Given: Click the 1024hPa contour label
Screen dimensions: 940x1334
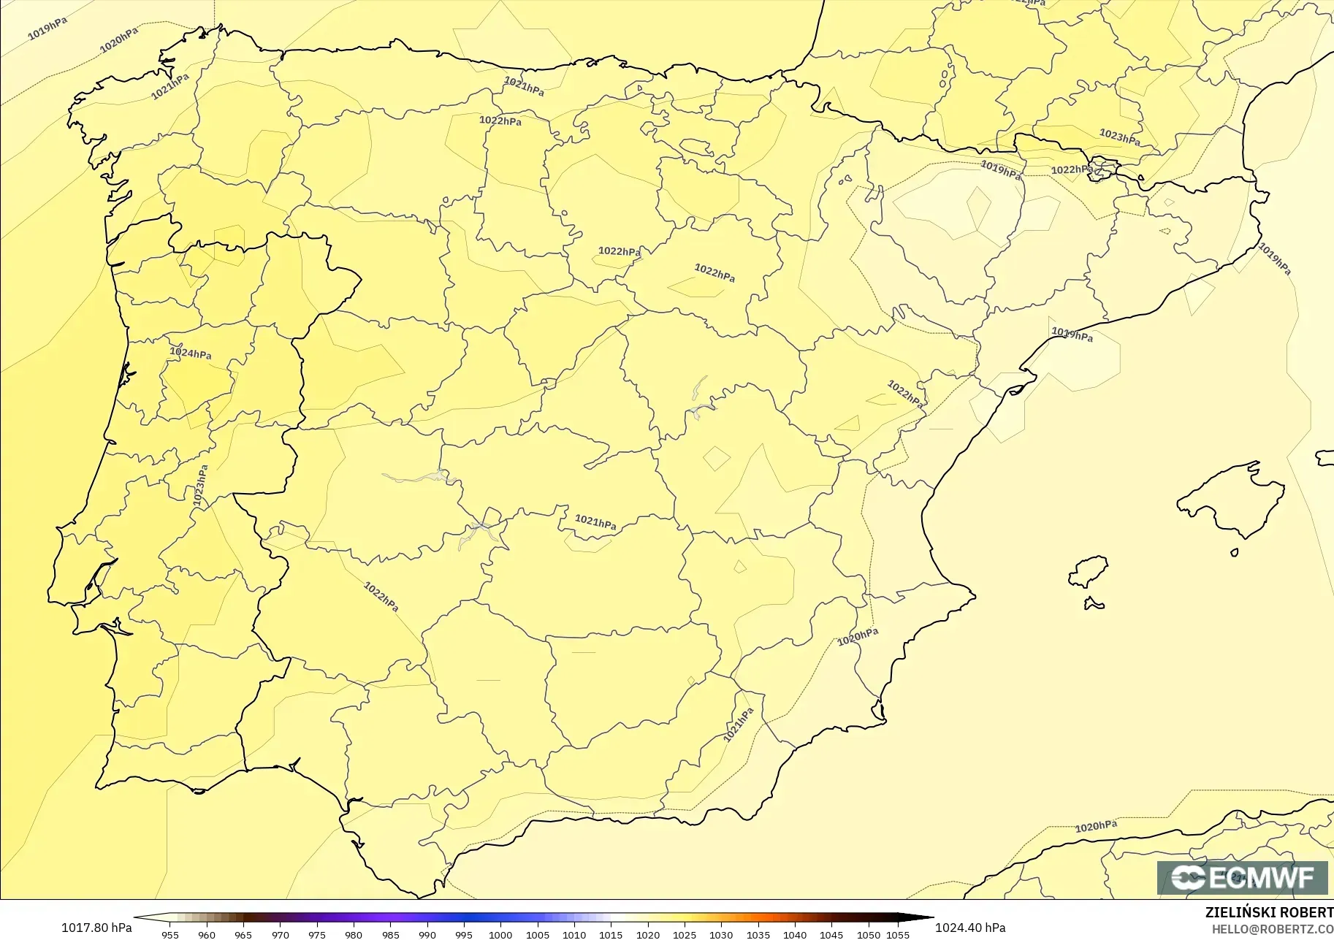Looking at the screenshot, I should pyautogui.click(x=191, y=354).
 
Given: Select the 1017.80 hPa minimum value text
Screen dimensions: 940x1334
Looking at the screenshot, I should pyautogui.click(x=96, y=928).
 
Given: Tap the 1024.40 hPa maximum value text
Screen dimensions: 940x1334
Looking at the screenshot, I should pyautogui.click(x=970, y=928).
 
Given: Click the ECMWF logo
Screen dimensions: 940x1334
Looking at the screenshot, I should pyautogui.click(x=1242, y=877).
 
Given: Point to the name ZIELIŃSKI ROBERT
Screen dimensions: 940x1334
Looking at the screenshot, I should pyautogui.click(x=1269, y=913).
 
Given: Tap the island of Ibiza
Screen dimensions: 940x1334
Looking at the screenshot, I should pyautogui.click(x=1089, y=571).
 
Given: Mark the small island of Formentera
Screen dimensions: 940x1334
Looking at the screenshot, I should pyautogui.click(x=1094, y=603).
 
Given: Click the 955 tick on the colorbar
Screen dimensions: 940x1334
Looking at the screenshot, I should pyautogui.click(x=170, y=934).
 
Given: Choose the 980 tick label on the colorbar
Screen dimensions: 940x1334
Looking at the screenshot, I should pyautogui.click(x=354, y=934).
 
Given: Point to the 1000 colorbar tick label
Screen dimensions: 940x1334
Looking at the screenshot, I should pyautogui.click(x=500, y=934).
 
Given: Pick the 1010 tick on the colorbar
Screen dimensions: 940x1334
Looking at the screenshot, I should pyautogui.click(x=574, y=934).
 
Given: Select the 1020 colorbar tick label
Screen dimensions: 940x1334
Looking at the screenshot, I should pyautogui.click(x=647, y=934).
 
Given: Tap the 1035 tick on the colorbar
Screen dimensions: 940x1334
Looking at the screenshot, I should pyautogui.click(x=758, y=934).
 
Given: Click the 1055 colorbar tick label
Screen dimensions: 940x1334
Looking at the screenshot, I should pyautogui.click(x=898, y=934).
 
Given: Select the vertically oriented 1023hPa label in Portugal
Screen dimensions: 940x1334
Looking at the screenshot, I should pyautogui.click(x=200, y=486).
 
